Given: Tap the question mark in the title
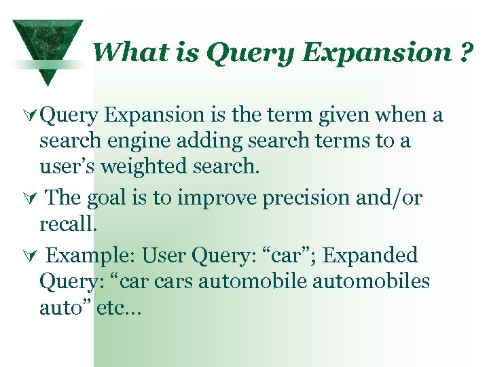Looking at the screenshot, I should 466,52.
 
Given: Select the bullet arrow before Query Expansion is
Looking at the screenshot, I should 31,116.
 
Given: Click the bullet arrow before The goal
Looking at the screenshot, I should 31,198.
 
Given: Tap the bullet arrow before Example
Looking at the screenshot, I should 31,257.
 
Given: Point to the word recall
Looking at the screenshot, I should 67,224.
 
